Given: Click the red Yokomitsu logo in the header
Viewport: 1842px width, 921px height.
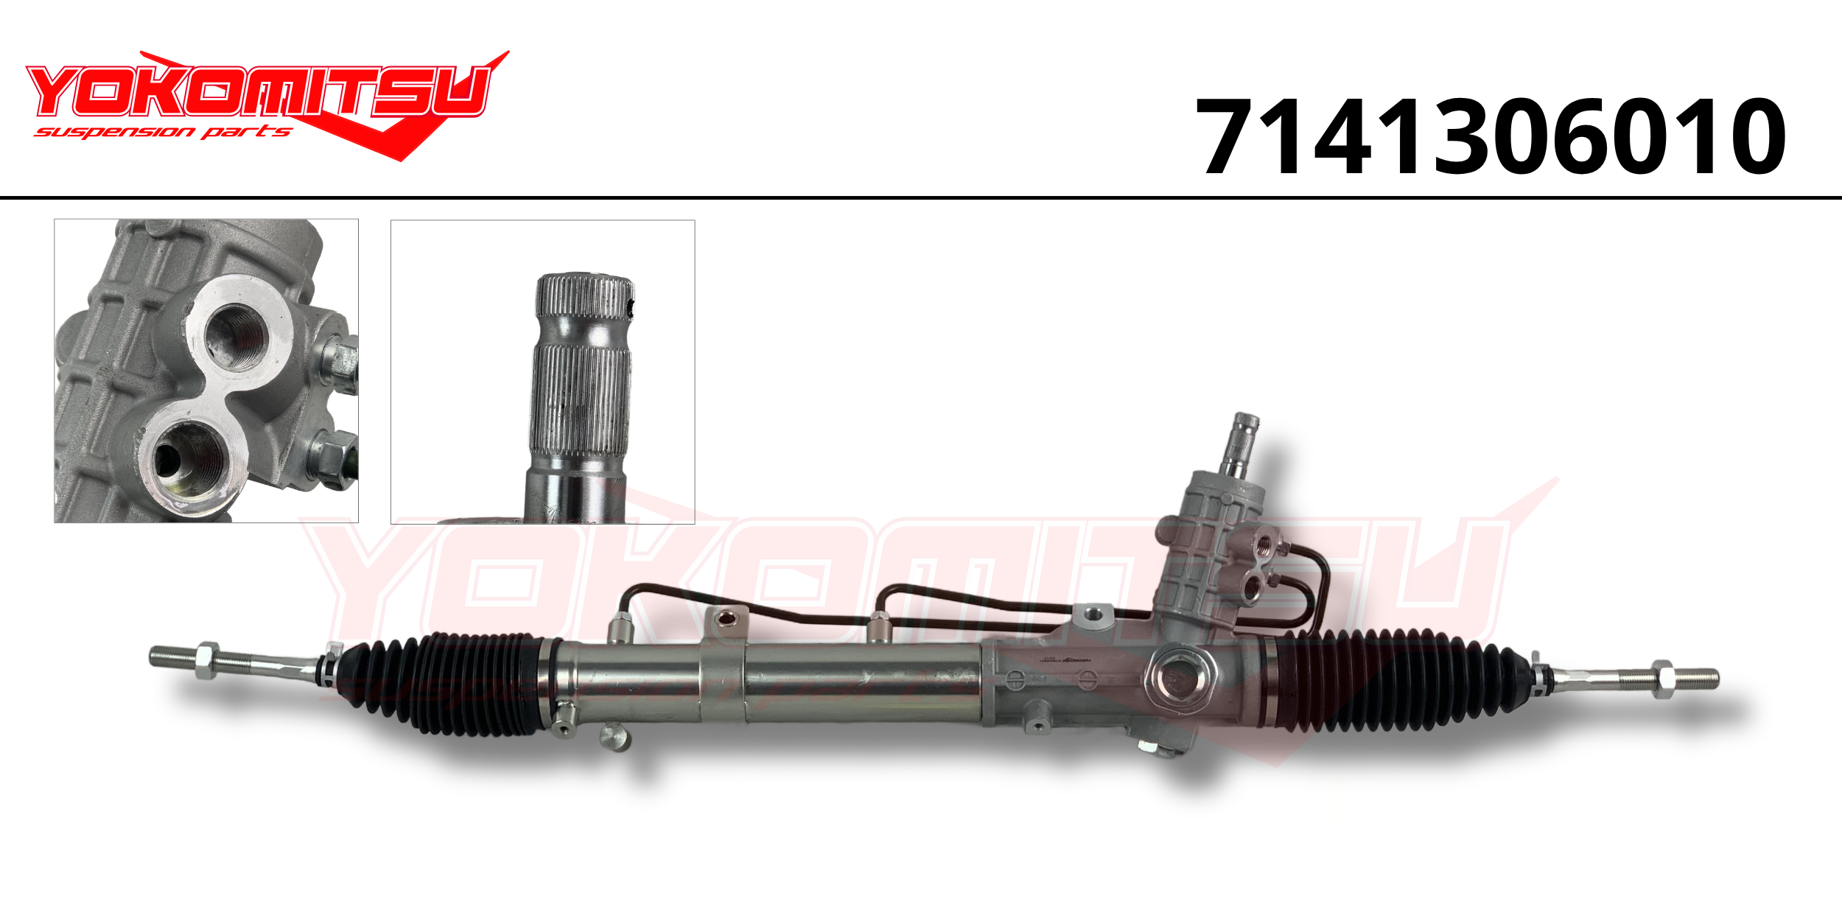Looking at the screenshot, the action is [267, 105].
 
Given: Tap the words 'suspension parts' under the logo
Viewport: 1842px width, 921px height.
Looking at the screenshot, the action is [163, 132].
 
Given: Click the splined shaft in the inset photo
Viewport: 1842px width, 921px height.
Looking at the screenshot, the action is [581, 398].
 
